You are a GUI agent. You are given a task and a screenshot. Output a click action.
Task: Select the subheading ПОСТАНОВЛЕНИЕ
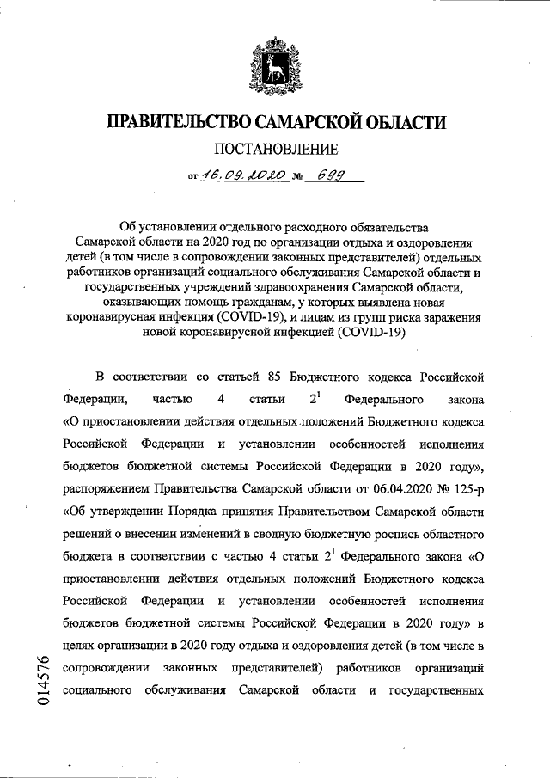274,149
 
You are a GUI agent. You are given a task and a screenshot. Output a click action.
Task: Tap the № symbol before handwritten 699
298,178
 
